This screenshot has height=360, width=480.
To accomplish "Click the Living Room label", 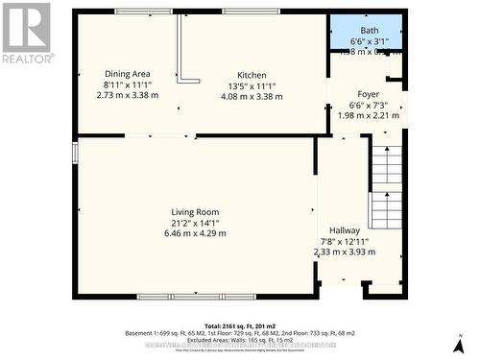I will pos(196,212).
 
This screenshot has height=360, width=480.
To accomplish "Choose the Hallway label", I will pos(346,230).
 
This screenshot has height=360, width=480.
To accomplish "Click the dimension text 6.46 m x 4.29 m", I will pos(196,233).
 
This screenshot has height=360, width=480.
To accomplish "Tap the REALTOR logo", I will pos(27,33).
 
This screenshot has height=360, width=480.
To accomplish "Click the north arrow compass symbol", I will pos(465,344).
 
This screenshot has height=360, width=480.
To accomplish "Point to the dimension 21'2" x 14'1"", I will pos(196,223).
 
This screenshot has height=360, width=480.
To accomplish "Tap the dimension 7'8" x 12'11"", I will pos(346,241).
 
